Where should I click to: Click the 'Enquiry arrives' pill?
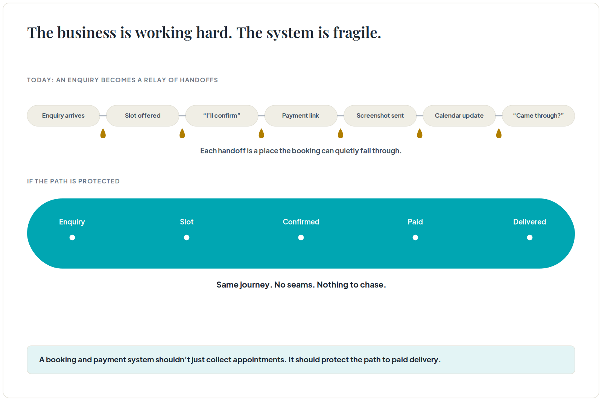tap(64, 116)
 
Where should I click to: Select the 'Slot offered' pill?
tap(143, 116)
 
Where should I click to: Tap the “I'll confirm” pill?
tap(222, 116)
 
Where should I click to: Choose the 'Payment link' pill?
tap(301, 116)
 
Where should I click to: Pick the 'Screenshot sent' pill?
tap(380, 116)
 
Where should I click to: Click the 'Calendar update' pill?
tap(459, 116)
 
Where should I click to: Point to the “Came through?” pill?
tap(538, 116)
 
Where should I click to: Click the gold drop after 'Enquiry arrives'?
tap(103, 133)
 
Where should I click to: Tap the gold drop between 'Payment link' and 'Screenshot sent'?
tap(341, 133)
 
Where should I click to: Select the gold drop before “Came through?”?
tap(499, 133)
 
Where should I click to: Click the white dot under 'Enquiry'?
tap(72, 238)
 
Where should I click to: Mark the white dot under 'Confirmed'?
tap(301, 238)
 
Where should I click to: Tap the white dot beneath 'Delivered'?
tap(530, 238)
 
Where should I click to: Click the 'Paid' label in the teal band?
tap(415, 222)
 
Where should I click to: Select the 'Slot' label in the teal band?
tap(187, 222)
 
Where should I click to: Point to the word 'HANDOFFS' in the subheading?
tap(199, 80)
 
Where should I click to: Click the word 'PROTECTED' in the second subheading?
tap(99, 181)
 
